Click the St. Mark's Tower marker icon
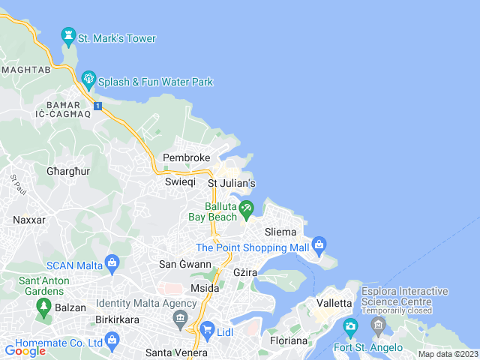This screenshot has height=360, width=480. pos(69,35)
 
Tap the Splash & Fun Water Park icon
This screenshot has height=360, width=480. pos(88,78)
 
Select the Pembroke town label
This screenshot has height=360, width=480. pos(186,157)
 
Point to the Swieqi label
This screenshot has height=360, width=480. pos(180,182)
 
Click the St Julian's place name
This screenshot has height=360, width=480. pos(232,183)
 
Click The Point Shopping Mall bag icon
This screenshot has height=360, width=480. pos(319,244)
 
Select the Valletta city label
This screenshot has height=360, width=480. pos(334,303)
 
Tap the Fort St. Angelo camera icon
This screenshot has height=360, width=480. pos(350,327)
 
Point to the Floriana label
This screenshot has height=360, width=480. pos(289,340)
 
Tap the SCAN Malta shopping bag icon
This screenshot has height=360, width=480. pos(112,262)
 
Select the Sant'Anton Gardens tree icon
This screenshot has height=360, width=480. pos(43,306)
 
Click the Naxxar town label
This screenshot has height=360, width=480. pos(29,220)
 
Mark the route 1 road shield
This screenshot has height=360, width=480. pos(97,106)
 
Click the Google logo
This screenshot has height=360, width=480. pos(25,350)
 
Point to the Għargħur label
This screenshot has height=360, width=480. pos(67,171)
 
